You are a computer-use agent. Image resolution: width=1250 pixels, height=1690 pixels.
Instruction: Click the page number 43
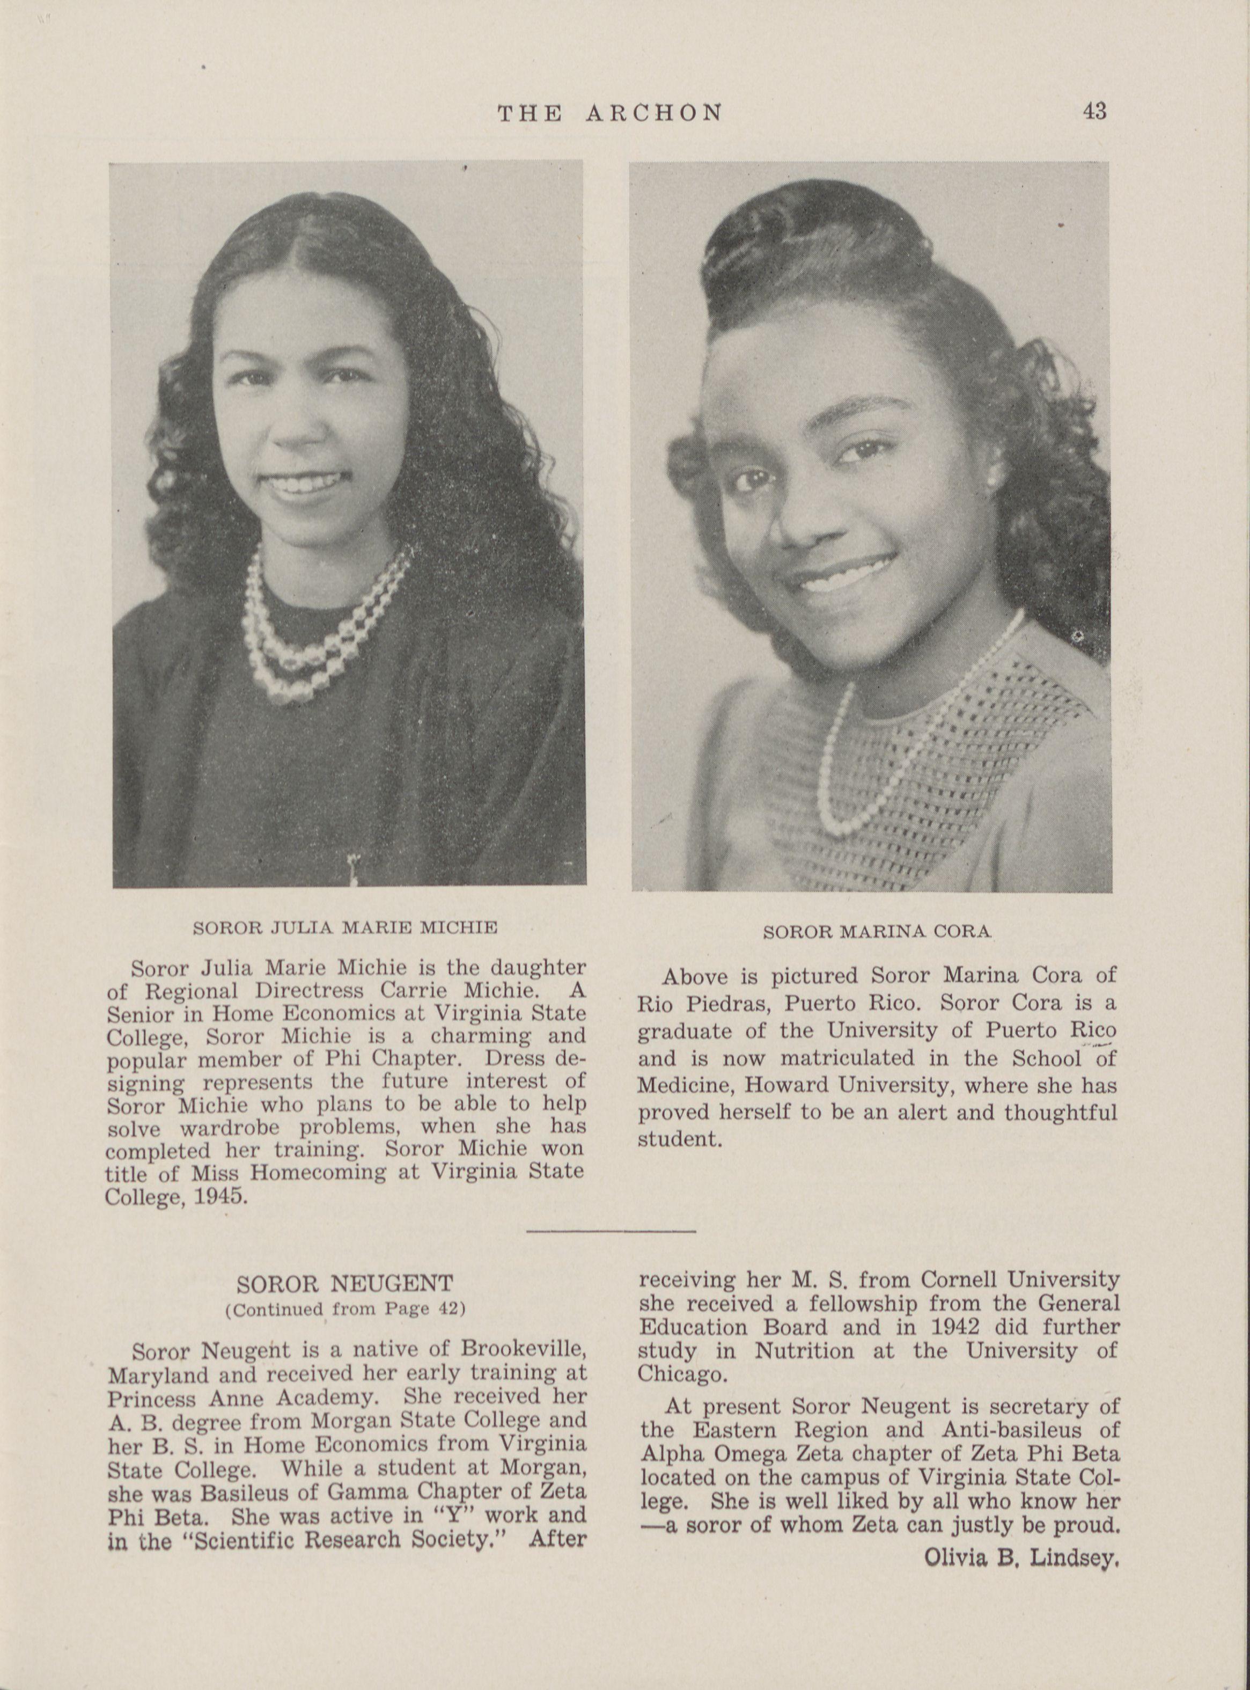[x=1094, y=111]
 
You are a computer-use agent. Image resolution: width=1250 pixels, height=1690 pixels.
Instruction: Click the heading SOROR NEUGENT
[x=344, y=1284]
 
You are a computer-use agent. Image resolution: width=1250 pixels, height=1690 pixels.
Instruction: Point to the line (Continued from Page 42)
[x=344, y=1309]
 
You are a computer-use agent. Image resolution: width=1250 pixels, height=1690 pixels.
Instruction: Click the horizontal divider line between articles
[x=610, y=1232]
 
